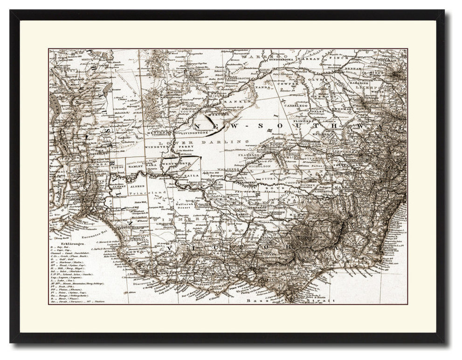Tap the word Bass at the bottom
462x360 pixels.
click(256, 301)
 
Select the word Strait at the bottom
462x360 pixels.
click(322, 301)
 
